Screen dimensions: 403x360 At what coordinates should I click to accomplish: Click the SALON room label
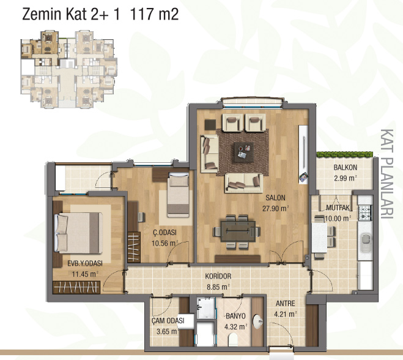point(275,198)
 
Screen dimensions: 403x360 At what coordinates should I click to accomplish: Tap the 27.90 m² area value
point(276,208)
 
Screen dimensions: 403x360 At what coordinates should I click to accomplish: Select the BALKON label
point(345,168)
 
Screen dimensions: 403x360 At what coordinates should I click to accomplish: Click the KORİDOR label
point(218,276)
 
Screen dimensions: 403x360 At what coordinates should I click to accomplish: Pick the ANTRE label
point(286,304)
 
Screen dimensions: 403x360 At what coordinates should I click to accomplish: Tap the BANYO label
point(235,316)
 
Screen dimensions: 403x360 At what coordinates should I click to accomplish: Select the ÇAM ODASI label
point(168,321)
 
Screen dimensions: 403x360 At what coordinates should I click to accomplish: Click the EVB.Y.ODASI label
point(85,263)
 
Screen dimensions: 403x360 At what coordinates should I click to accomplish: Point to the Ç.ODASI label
point(165,233)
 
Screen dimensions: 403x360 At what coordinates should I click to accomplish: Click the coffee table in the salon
point(243,152)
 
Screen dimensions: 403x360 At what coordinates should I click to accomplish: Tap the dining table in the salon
point(238,231)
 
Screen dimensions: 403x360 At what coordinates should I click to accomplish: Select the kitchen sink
point(365,242)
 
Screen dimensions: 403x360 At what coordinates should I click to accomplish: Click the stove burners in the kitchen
point(365,212)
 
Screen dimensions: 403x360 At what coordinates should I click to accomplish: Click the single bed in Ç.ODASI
point(178,195)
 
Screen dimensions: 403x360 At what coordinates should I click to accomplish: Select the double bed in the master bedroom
point(78,233)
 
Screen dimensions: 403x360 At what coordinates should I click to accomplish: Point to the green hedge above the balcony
point(344,154)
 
